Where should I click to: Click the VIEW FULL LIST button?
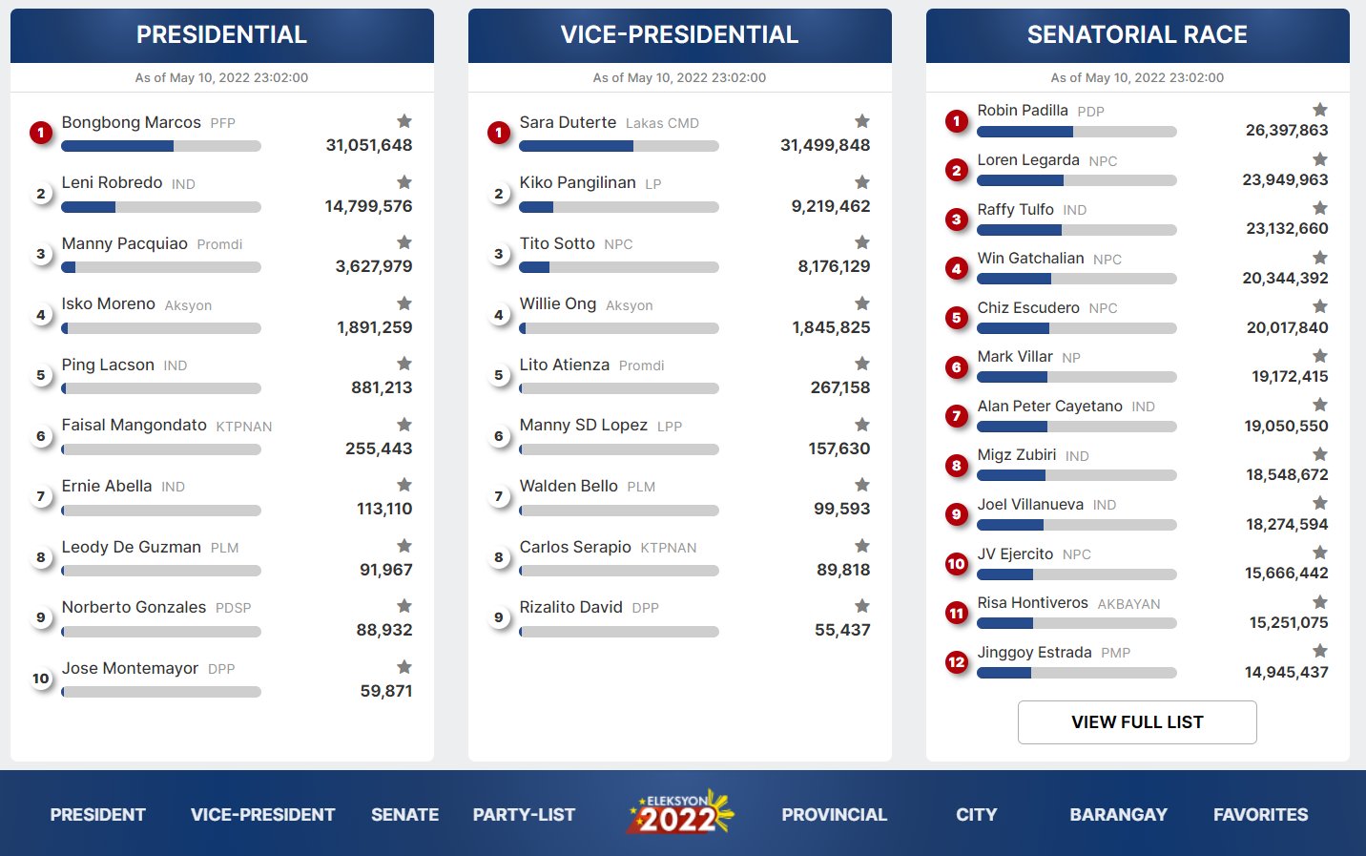tap(1137, 722)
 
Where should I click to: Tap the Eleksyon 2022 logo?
tap(679, 813)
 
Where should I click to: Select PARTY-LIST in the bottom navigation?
tap(524, 815)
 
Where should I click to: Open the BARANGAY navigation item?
tap(1118, 815)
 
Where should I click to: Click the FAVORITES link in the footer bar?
tap(1260, 815)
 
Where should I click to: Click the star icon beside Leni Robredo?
tap(404, 182)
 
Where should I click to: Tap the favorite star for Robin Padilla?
tap(1320, 110)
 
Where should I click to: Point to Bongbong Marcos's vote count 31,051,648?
tap(369, 145)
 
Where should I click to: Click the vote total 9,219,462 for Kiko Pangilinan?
tap(830, 206)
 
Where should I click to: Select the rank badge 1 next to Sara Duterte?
tap(499, 133)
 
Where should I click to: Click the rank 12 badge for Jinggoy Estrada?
tap(957, 662)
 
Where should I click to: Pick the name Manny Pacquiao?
tap(125, 244)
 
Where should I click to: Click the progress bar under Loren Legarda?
tap(1076, 180)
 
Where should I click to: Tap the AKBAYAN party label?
tap(1128, 604)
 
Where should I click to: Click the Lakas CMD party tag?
tap(662, 123)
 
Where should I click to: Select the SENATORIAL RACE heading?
tap(1137, 35)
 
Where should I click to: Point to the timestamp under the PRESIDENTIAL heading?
tap(221, 78)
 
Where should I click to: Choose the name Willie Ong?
tap(558, 304)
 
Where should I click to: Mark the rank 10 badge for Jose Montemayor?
tap(41, 679)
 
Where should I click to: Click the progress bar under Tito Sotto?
tap(618, 268)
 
